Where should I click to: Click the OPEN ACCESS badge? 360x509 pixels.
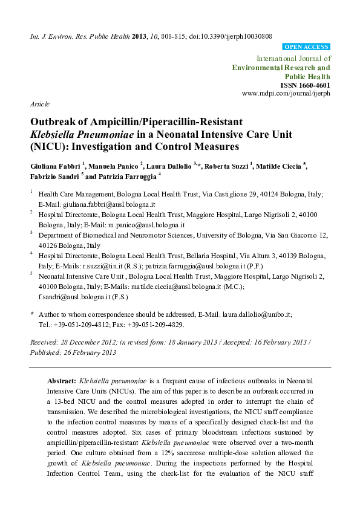(x=306, y=47)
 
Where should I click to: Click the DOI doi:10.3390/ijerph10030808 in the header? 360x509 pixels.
(x=230, y=36)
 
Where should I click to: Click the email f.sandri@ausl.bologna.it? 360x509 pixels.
(x=73, y=297)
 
